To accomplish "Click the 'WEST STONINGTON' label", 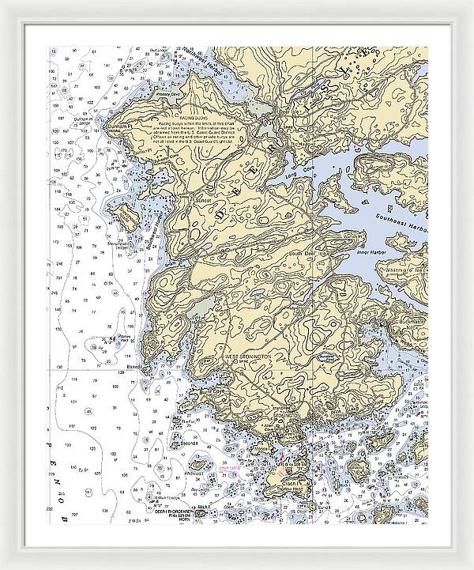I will (x=250, y=358).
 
